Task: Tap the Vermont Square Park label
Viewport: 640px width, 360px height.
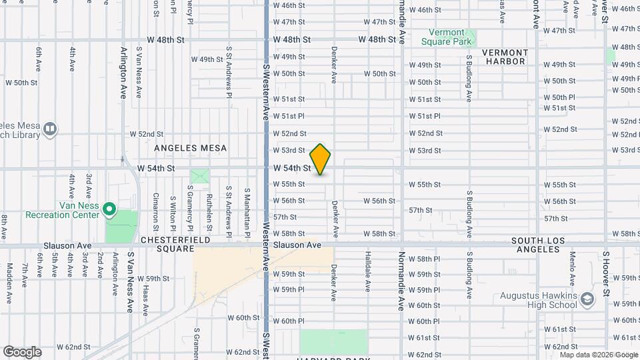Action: (446, 37)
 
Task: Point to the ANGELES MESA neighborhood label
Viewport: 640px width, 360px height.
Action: (191, 148)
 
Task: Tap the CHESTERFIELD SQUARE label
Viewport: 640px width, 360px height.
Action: (175, 244)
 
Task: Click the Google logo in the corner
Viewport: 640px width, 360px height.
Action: (22, 352)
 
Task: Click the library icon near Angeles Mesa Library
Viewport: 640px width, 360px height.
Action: (50, 128)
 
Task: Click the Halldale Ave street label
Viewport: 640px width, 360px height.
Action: (367, 271)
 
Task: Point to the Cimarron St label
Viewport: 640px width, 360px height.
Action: (155, 207)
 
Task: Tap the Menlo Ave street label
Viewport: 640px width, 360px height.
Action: (572, 272)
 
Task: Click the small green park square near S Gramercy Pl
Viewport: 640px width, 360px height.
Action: (199, 177)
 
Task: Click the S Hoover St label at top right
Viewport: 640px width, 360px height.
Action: (605, 12)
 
